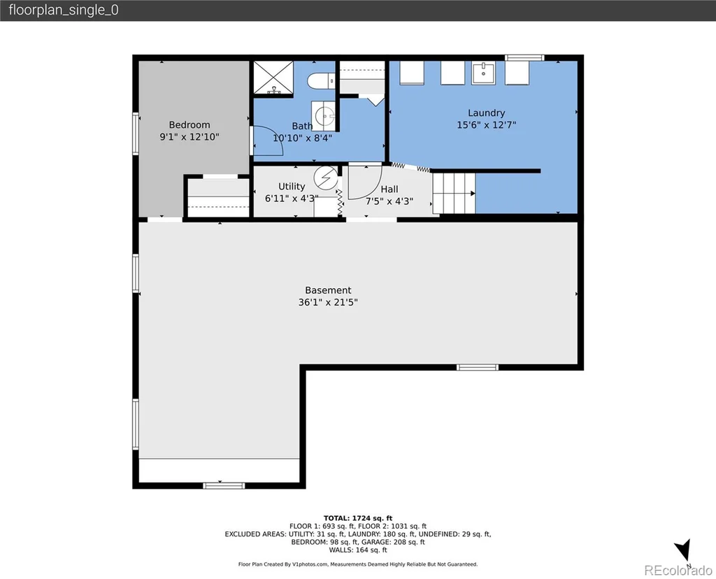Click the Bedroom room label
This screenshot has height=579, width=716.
pyautogui.click(x=189, y=124)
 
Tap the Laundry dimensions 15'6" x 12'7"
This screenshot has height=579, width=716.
pyautogui.click(x=487, y=124)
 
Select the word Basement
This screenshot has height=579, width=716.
pyautogui.click(x=328, y=290)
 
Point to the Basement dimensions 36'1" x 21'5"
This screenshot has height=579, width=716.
pyautogui.click(x=328, y=302)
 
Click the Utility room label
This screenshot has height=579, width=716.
pyautogui.click(x=292, y=186)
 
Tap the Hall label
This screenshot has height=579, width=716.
pyautogui.click(x=389, y=189)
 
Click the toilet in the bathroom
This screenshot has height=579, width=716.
pyautogui.click(x=321, y=81)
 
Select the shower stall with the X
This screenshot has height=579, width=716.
pyautogui.click(x=273, y=78)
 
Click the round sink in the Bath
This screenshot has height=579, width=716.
pyautogui.click(x=324, y=115)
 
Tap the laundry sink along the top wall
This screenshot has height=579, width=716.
pyautogui.click(x=483, y=73)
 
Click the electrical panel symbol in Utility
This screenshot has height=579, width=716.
pyautogui.click(x=326, y=177)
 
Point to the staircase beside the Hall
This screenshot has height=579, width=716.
pyautogui.click(x=454, y=193)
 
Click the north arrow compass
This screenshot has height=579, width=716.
pyautogui.click(x=684, y=550)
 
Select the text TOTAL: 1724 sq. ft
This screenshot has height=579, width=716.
pyautogui.click(x=358, y=517)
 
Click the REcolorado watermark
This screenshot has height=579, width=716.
pyautogui.click(x=678, y=570)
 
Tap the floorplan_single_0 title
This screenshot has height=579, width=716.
pyautogui.click(x=64, y=10)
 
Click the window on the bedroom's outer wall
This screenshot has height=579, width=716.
pyautogui.click(x=136, y=134)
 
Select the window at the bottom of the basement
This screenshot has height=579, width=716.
pyautogui.click(x=224, y=485)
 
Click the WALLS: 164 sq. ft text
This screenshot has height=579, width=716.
pyautogui.click(x=358, y=550)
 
